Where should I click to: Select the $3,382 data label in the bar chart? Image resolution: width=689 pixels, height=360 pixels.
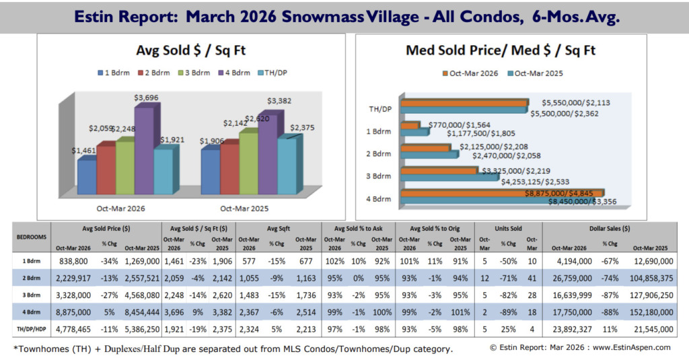click(279, 102)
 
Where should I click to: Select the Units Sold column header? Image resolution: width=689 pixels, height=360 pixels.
click(510, 229)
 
